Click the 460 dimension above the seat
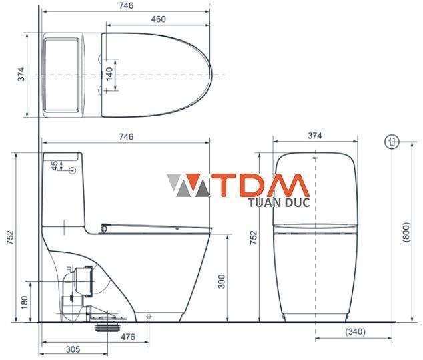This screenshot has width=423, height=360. click(158, 19)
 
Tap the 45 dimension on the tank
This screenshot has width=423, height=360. click(55, 164)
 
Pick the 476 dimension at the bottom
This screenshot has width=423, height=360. click(127, 337)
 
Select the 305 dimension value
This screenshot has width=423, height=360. click(73, 349)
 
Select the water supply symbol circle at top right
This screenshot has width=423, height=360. click(392, 141)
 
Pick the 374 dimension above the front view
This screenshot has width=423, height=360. click(315, 136)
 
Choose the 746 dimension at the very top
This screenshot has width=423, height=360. click(125, 5)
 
